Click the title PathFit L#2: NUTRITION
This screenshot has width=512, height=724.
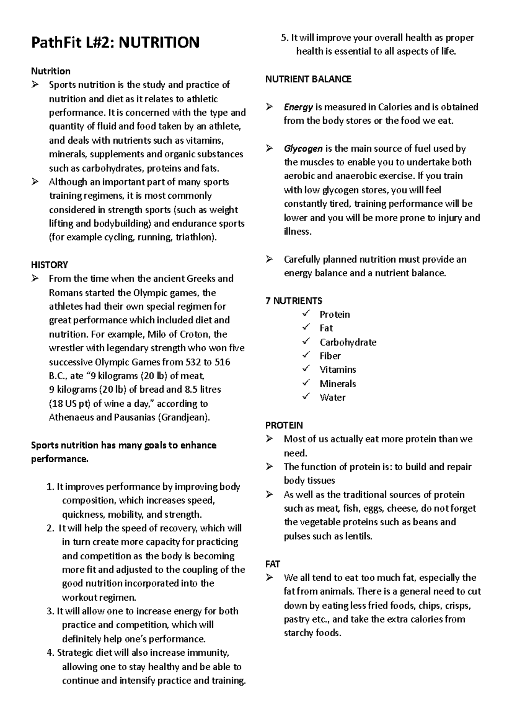pos(115,43)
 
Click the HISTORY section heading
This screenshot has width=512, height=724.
pos(49,265)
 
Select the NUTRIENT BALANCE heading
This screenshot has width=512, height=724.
pos(308,79)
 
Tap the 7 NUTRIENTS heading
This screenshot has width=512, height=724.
pos(294,301)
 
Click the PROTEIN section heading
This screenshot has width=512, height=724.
pos(284,426)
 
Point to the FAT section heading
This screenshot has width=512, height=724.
pos(273,564)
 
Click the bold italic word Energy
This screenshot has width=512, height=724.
pos(298,107)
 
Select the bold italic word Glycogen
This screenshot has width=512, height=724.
pos(303,149)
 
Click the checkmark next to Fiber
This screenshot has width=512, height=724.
pos(306,356)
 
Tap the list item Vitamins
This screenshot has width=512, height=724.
pos(337,370)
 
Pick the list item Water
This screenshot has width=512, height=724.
pos(332,397)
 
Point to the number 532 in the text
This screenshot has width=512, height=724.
pos(193,362)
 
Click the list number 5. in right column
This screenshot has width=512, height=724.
pos(285,38)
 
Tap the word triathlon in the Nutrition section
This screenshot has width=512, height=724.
pos(194,237)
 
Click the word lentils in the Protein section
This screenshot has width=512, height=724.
pos(359,536)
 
